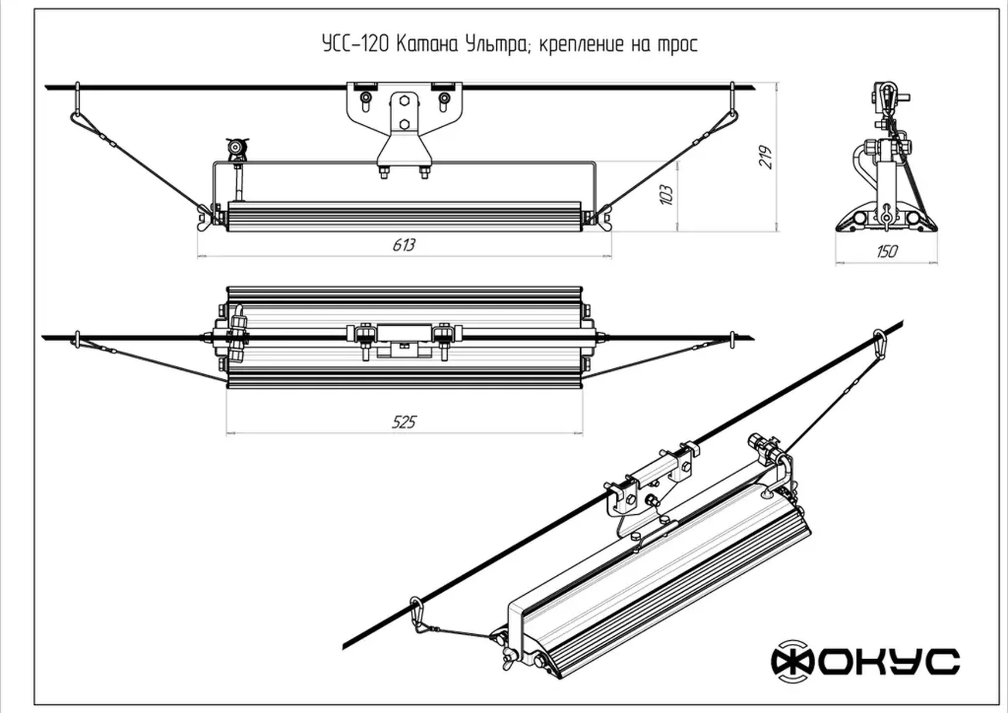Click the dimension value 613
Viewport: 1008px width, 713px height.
[x=404, y=245]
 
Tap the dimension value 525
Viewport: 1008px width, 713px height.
[x=404, y=422]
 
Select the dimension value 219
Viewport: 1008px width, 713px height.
[x=765, y=157]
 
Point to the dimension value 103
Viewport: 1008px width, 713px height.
[x=666, y=195]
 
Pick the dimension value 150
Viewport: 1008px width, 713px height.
[x=886, y=252]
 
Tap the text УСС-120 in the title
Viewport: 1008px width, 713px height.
[x=355, y=45]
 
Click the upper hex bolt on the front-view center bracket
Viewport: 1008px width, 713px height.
[x=404, y=101]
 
